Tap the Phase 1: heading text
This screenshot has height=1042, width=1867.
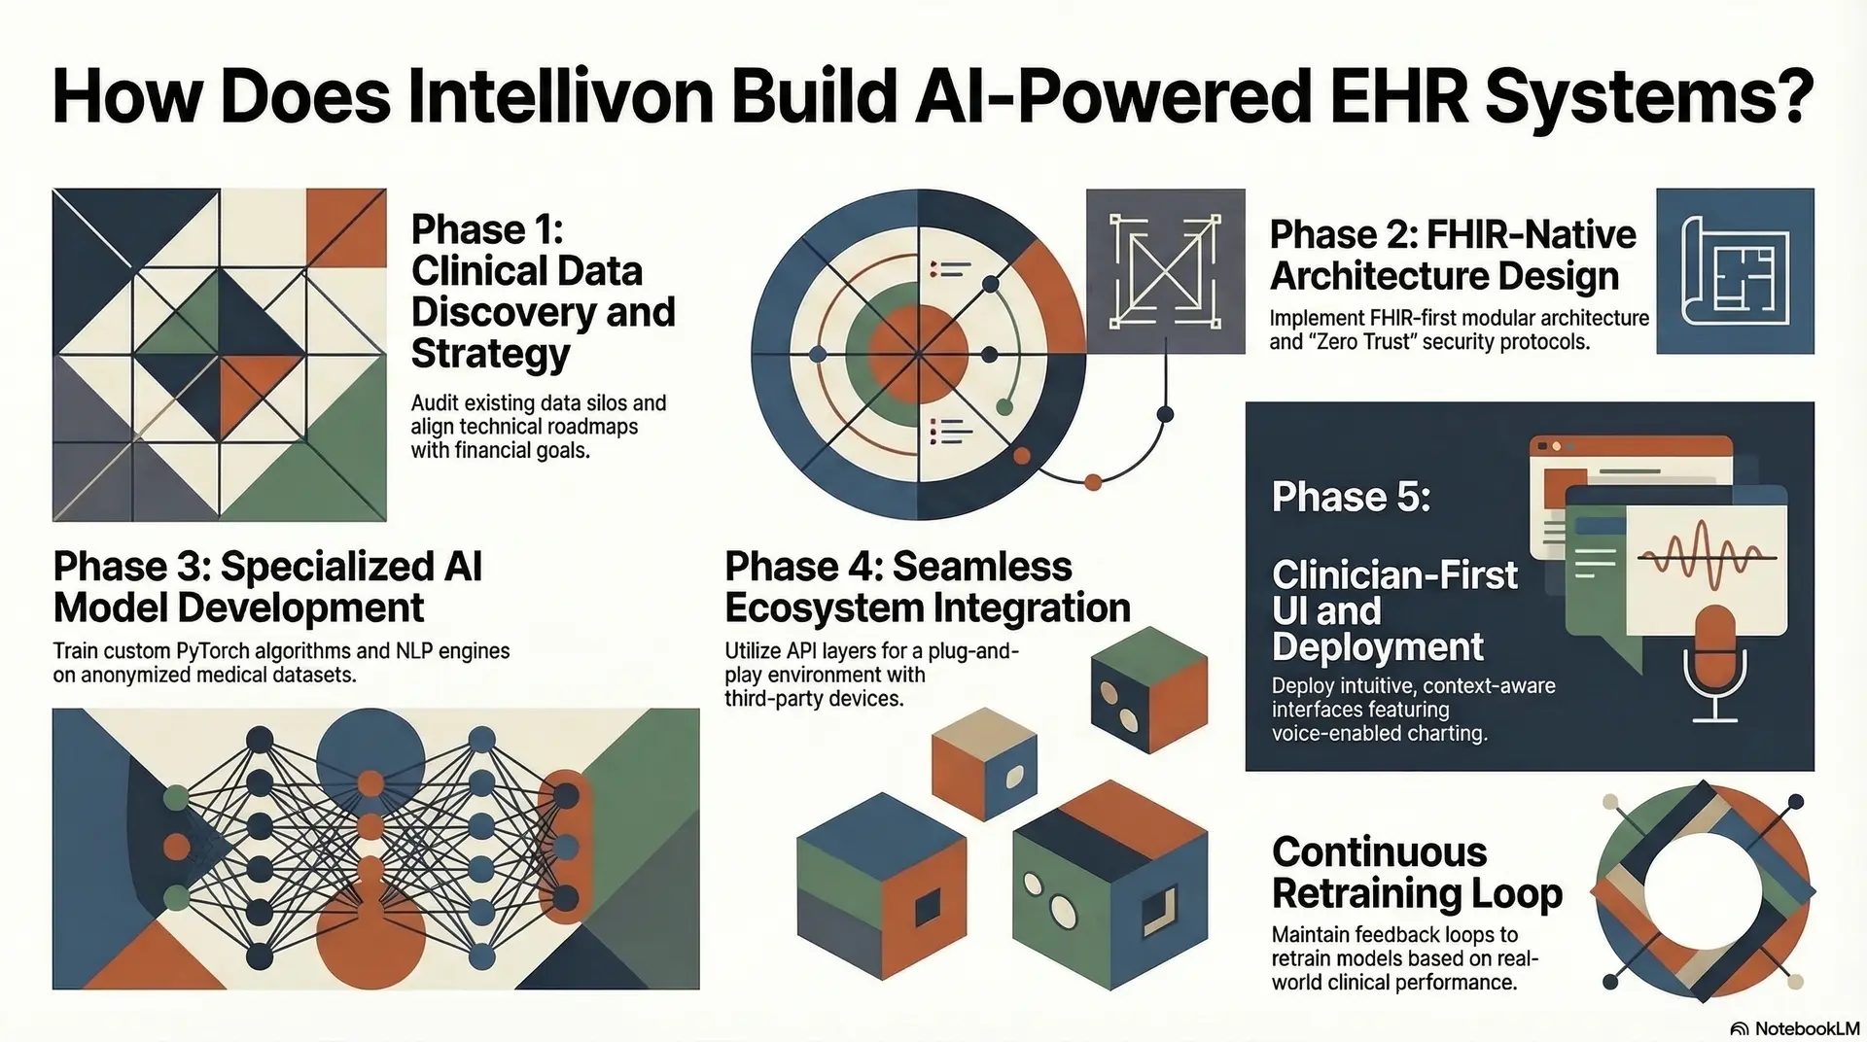click(x=487, y=230)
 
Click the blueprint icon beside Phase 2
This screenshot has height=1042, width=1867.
click(x=1735, y=271)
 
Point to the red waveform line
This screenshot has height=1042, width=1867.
click(x=1708, y=557)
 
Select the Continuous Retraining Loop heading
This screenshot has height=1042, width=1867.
click(x=1416, y=872)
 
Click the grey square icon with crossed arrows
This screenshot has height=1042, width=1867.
click(x=1165, y=271)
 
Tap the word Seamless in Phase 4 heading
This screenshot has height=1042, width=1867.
click(x=982, y=567)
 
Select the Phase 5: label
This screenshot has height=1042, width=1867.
click(x=1351, y=497)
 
